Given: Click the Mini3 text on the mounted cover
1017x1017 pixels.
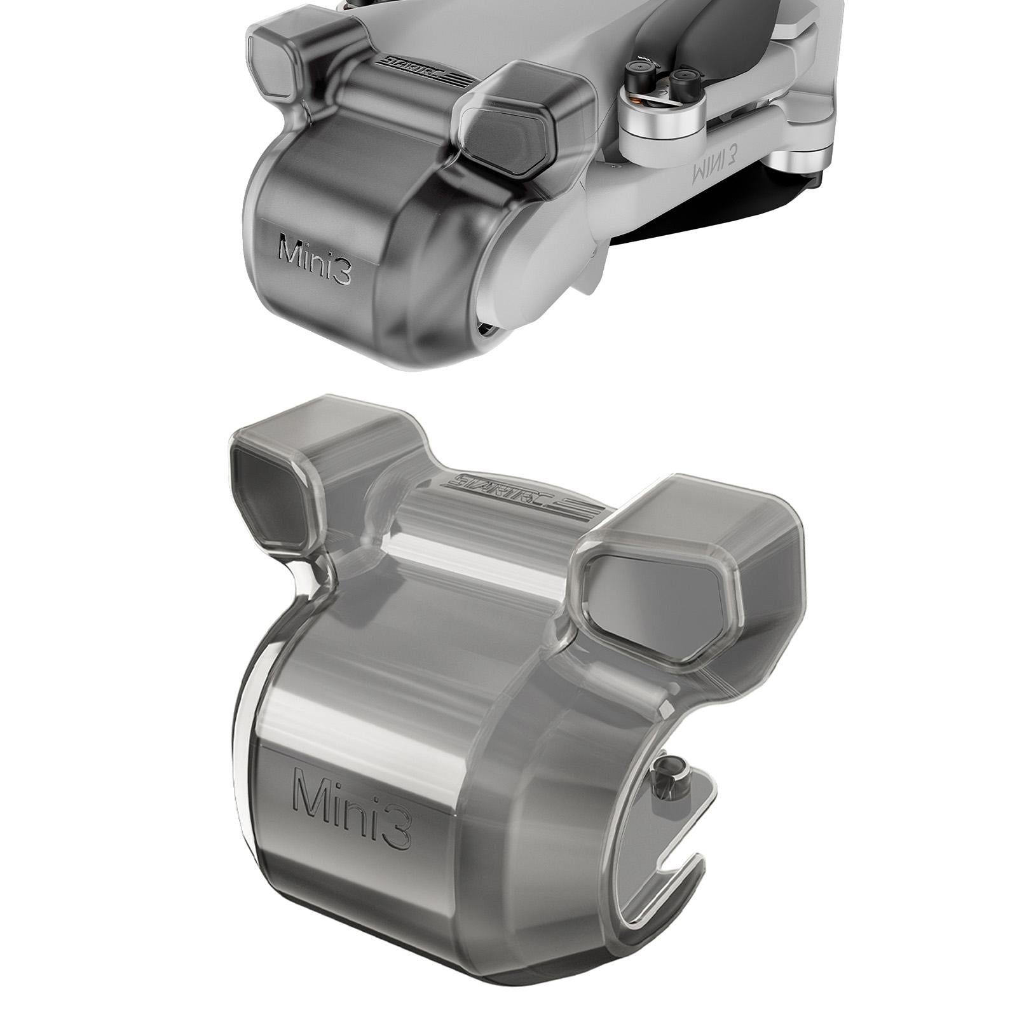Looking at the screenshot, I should point(315,259).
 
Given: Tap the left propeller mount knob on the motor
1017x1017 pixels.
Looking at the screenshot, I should point(638,71).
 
